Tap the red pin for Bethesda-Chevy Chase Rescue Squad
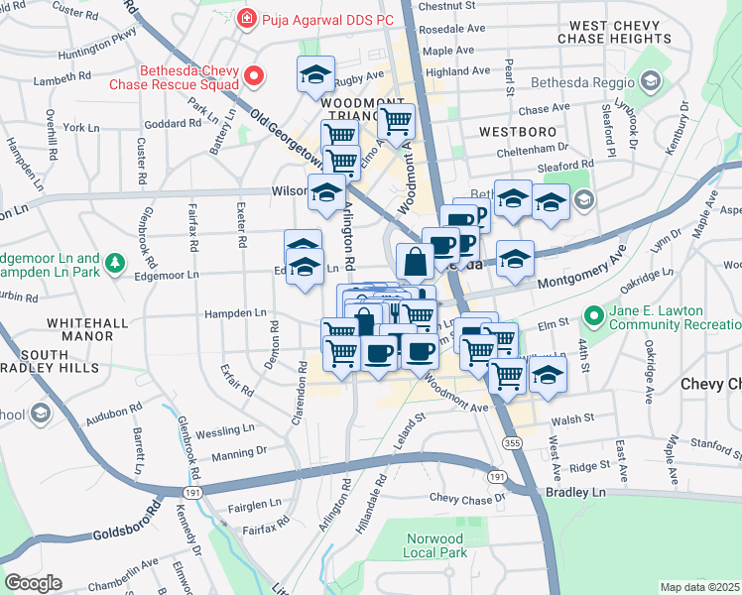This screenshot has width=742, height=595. tap(254, 75)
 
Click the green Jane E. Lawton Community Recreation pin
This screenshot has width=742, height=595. tap(594, 316)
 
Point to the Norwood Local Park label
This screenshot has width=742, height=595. tap(435, 544)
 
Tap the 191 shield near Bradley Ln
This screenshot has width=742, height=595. tap(496, 478)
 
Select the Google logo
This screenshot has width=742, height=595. tap(33, 583)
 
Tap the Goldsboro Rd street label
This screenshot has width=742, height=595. tap(127, 525)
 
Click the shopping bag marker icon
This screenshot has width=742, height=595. tap(414, 262)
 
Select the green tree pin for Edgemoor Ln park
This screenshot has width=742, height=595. tap(116, 262)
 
